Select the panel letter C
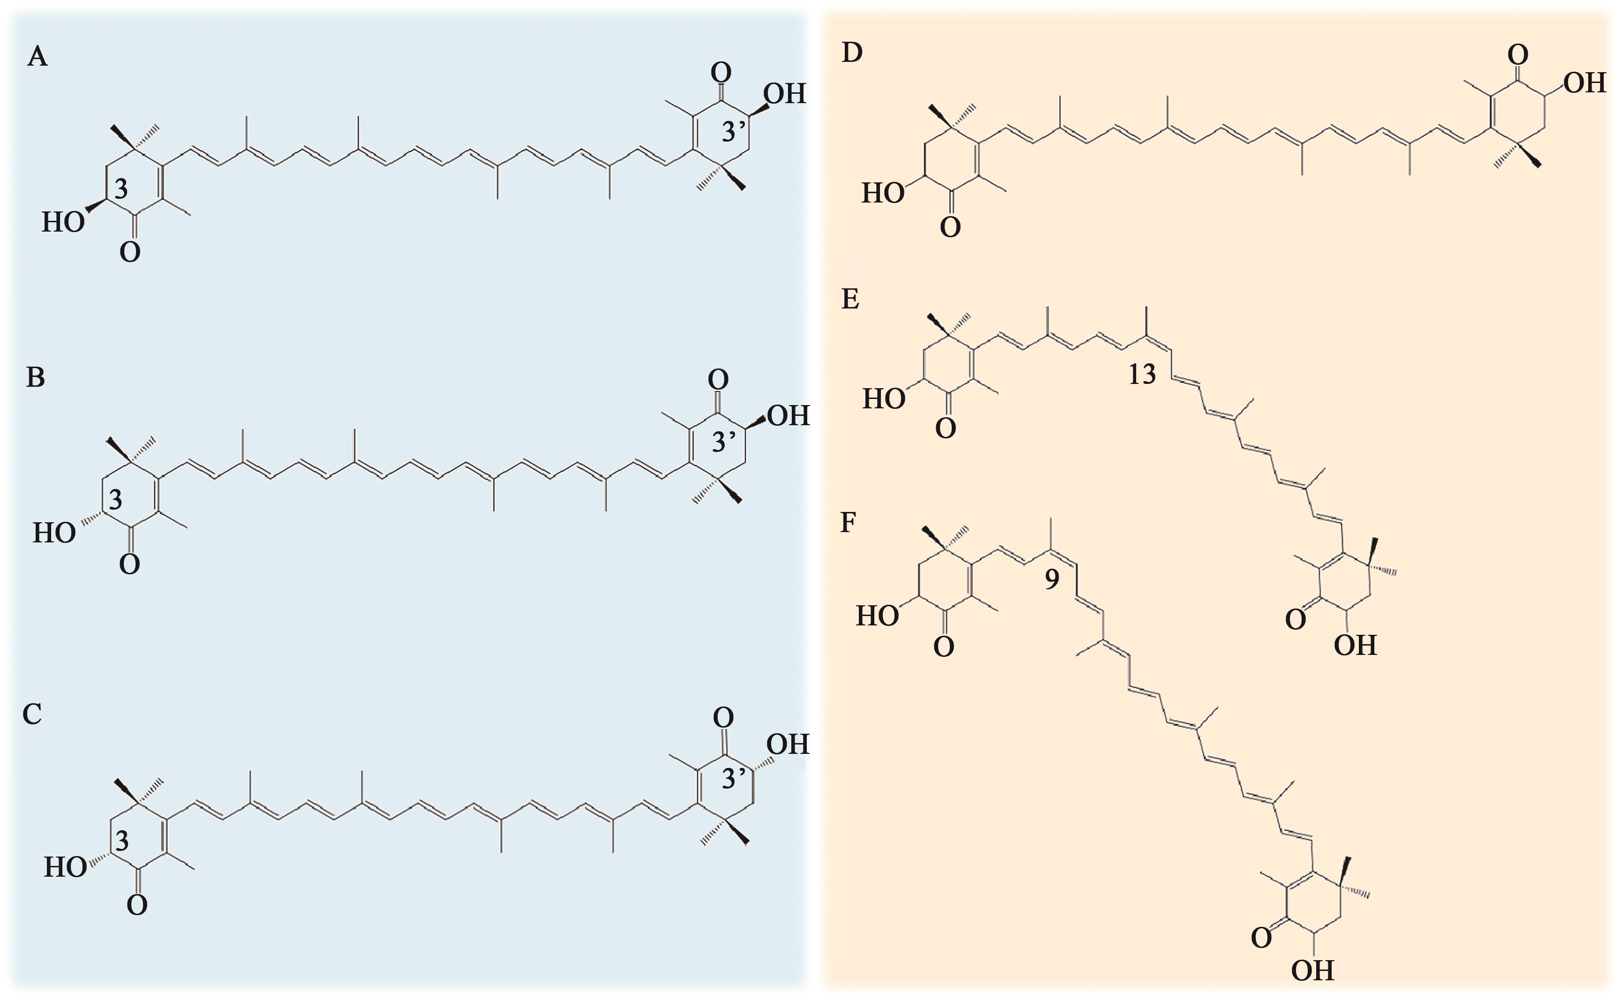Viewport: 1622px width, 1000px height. coord(32,714)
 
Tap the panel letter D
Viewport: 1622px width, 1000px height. coord(852,53)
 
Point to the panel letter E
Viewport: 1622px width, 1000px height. coord(850,299)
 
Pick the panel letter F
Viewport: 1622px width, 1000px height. coord(848,522)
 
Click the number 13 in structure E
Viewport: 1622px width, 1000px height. coord(1142,374)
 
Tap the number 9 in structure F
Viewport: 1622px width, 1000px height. coord(1052,579)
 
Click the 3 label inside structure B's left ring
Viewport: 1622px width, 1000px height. coord(116,500)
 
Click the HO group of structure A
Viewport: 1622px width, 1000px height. coord(63,223)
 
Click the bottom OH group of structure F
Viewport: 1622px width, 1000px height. coord(1313,971)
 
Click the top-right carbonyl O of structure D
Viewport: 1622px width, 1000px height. coord(1517,54)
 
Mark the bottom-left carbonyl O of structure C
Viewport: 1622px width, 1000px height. coord(137,905)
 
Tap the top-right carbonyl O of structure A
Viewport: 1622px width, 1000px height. coord(721,71)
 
